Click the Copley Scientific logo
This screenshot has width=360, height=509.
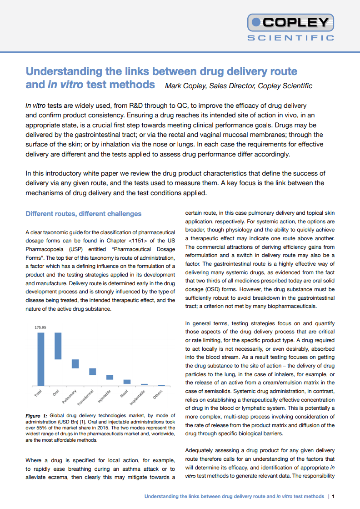click(291, 27)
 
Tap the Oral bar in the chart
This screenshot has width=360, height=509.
click(58, 346)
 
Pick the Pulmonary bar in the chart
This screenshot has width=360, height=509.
click(75, 363)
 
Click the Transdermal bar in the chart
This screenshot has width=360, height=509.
click(92, 371)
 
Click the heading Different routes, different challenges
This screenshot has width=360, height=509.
click(83, 214)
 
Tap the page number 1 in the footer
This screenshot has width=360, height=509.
click(334, 496)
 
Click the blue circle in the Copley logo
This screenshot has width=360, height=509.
click(256, 21)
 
